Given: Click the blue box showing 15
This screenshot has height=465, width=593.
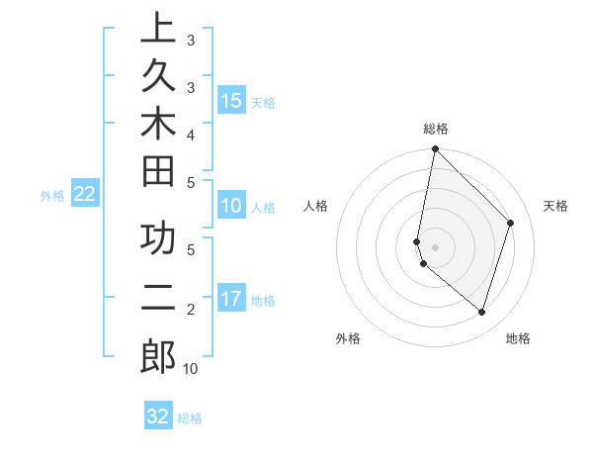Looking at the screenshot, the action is click(231, 100).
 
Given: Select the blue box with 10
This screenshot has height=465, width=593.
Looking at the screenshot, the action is click(231, 206).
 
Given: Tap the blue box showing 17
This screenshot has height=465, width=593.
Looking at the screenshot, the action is click(231, 299).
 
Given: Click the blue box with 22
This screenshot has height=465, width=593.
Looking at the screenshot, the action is click(85, 194).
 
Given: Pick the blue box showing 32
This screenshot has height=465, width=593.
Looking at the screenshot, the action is click(158, 417).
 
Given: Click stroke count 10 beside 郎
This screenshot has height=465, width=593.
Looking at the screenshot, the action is click(190, 369).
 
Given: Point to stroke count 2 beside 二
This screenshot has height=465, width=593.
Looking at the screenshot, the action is click(190, 310).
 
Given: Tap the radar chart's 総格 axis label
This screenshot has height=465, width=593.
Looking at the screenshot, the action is click(435, 129).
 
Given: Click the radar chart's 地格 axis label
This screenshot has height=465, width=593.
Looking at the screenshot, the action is click(518, 338).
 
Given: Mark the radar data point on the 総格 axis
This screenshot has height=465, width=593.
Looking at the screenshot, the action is click(435, 149).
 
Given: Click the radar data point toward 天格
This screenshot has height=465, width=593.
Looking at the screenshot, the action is click(511, 223).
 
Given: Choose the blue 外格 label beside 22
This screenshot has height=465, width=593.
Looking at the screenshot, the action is click(52, 196).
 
